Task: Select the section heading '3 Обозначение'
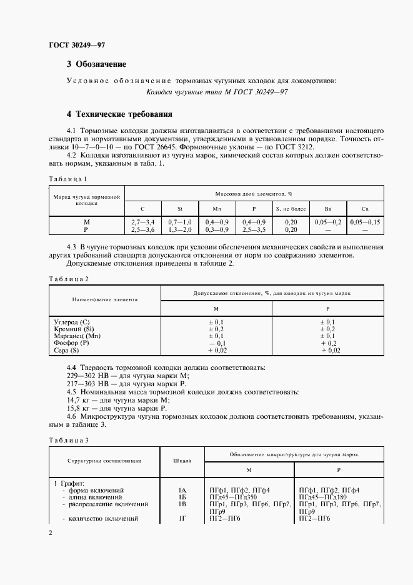96,64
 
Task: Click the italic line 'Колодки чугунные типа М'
216,92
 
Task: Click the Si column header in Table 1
179,208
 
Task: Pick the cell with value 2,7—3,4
142,222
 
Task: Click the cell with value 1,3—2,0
179,229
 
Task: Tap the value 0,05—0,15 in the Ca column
366,222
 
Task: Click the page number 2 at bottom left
51,532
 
